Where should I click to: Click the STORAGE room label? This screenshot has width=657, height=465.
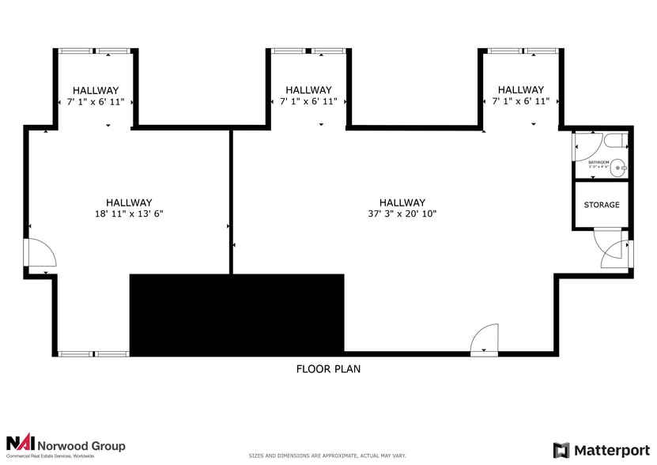coord(602,205)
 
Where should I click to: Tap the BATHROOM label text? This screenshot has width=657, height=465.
coord(598,162)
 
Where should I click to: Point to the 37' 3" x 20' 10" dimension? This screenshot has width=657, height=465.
coord(402,214)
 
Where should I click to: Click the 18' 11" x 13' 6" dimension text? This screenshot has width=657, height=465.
coord(129,214)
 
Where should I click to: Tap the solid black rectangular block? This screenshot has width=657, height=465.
coord(236,314)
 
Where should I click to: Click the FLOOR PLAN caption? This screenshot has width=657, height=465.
coord(328,369)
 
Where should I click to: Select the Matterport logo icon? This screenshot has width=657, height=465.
coord(561,450)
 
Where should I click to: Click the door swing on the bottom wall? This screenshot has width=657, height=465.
coord(485,340)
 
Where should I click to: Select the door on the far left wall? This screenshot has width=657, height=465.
coord(40,253)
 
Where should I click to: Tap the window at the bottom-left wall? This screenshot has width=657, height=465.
coord(93,353)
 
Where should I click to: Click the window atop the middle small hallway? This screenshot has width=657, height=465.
coord(308,51)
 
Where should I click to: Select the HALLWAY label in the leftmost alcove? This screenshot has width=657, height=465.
coord(96,90)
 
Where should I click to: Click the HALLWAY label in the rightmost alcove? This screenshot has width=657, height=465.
coord(520,90)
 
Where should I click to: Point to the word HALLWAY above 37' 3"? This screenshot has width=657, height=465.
coord(402,202)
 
